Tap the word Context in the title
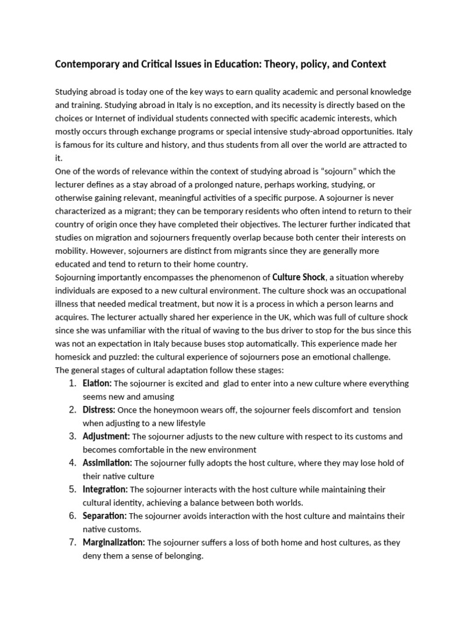(x=366, y=64)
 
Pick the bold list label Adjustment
(x=106, y=437)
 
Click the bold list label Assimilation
(x=107, y=463)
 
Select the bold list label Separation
(x=104, y=516)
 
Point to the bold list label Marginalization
(x=114, y=543)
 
